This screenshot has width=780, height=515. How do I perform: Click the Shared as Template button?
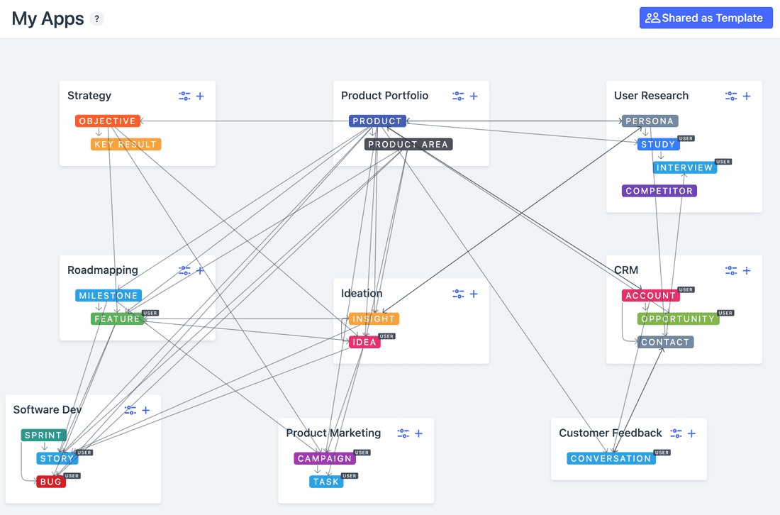706,18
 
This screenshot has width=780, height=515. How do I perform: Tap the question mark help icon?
97,19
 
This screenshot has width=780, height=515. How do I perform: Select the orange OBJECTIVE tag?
107,121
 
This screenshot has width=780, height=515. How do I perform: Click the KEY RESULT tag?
126,145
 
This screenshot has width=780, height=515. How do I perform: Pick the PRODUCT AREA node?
408,145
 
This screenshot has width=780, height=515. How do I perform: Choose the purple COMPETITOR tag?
659,191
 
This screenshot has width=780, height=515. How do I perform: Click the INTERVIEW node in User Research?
684,168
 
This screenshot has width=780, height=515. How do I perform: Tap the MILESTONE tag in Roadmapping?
108,296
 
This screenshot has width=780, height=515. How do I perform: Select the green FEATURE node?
117,319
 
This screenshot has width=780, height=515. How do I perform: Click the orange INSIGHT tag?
374,319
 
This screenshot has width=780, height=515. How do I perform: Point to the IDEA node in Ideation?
364,343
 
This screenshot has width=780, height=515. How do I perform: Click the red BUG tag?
51,482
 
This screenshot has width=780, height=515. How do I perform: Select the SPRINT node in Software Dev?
43,436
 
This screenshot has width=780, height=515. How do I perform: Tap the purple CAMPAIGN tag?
325,458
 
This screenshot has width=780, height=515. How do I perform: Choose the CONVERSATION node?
611,458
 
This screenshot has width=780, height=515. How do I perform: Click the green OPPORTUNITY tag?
678,319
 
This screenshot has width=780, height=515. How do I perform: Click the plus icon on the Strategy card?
200,96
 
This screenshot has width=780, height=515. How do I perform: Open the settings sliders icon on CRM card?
731,271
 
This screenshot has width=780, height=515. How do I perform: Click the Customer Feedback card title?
610,433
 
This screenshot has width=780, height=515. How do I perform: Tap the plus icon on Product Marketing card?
418,433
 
